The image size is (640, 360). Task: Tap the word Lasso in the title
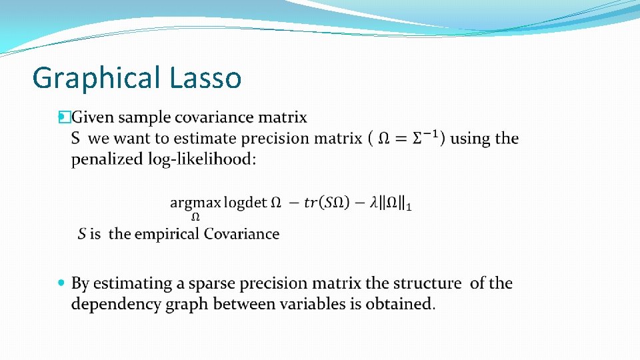tap(205, 77)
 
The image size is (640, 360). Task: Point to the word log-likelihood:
tap(203, 160)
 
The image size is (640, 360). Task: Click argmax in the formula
tap(195, 203)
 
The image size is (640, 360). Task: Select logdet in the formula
tap(245, 203)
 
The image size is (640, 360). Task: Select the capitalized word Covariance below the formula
tap(242, 234)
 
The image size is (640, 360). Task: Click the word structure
tap(427, 283)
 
